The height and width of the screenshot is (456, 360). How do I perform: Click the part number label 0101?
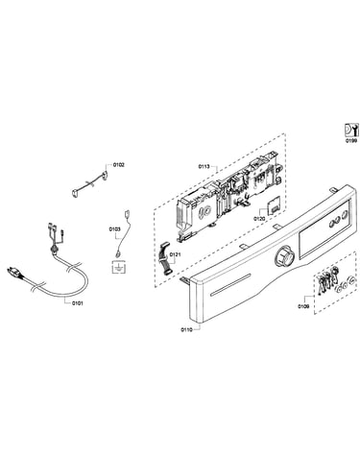coord(77,303)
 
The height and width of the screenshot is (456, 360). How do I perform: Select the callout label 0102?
coord(119,165)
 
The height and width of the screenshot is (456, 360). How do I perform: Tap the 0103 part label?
coord(114,229)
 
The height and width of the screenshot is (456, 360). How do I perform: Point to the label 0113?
coord(204,166)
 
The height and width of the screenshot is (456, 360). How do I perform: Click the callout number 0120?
coord(259,219)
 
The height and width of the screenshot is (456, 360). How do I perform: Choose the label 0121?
coord(175,254)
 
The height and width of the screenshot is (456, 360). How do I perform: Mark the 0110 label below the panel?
coord(186,329)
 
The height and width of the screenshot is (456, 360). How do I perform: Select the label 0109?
coord(303,306)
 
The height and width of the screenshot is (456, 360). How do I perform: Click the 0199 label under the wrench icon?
coord(351,140)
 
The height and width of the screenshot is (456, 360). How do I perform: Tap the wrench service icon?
coord(350,130)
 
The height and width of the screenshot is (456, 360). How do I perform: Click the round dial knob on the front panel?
coord(284,256)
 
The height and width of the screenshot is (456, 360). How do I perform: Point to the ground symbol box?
coord(117,267)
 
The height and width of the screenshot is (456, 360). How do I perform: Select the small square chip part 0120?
coord(273,207)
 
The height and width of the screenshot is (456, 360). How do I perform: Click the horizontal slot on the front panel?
coord(229,285)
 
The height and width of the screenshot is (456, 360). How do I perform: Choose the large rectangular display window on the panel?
coord(324,228)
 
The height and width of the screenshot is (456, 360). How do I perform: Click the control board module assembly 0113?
coord(228,196)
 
